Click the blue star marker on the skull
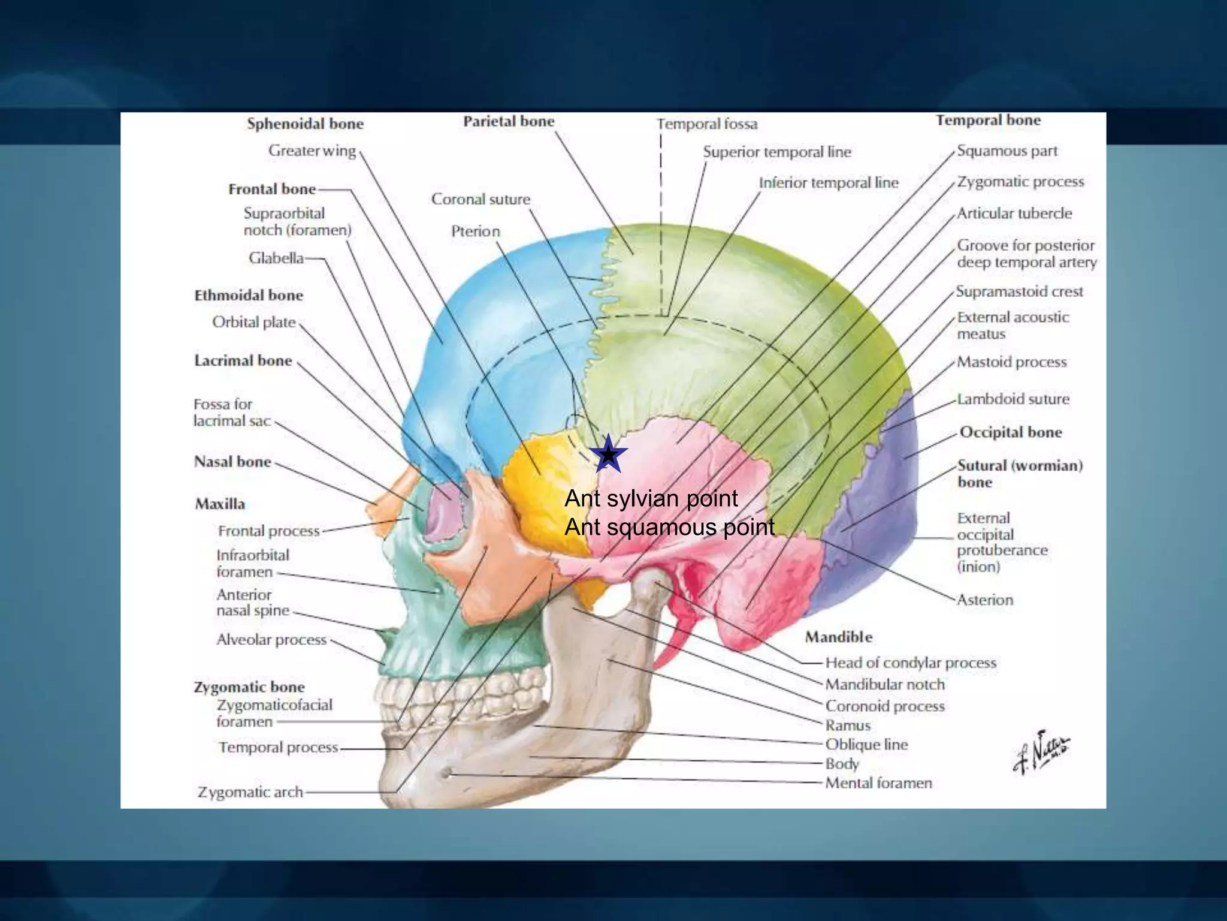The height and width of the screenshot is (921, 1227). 608,455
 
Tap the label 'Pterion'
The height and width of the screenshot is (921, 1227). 475,231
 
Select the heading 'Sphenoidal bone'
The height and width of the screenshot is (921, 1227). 305,124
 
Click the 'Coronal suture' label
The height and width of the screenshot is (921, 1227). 480,199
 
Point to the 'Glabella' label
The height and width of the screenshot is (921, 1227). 276,258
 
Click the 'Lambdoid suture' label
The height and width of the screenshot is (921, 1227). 1013,399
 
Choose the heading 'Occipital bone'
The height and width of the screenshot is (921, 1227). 1011,432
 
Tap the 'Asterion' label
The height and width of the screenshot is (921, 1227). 985,600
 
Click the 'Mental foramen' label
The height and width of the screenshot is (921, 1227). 878,783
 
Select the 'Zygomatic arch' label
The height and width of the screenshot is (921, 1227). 250,792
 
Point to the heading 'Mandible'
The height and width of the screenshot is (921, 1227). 838,637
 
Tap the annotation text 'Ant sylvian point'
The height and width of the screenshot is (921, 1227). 651,499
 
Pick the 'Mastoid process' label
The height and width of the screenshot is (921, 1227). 1011,362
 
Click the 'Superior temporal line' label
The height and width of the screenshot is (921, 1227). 776,152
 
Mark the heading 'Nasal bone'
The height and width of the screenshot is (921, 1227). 232,462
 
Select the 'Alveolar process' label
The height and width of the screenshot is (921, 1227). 271,640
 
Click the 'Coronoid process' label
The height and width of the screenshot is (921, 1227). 884,706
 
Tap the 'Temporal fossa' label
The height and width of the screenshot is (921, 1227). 707,124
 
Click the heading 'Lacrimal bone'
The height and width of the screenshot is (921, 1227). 243,360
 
